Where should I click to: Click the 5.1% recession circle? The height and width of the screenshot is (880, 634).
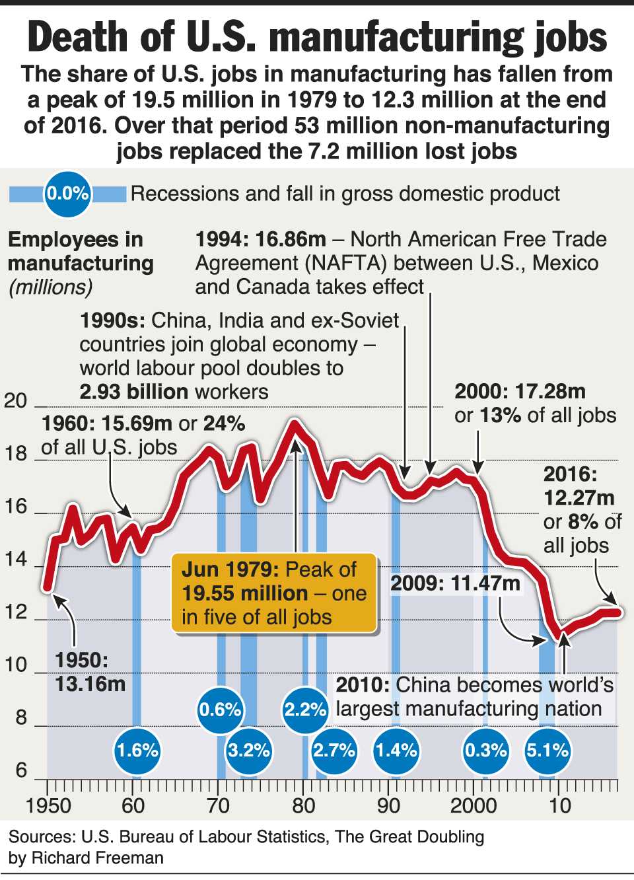[x=547, y=751]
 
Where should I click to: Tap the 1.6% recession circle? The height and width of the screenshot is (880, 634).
[x=137, y=751]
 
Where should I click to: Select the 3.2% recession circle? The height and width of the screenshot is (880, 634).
[x=249, y=751]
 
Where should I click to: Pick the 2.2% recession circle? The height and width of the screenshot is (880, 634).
[x=305, y=710]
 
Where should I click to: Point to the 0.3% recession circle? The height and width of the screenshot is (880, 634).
[x=486, y=751]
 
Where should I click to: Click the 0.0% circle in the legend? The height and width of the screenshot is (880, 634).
[x=67, y=194]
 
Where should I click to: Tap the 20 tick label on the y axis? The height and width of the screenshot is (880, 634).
[x=16, y=400]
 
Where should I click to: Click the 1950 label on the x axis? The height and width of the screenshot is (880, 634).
[x=48, y=806]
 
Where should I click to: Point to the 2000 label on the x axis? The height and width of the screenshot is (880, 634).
[x=474, y=806]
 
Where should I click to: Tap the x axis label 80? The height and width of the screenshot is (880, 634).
[x=304, y=806]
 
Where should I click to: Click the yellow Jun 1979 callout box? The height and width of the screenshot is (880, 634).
[x=274, y=593]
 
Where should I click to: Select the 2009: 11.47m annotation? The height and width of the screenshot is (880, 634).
[x=455, y=583]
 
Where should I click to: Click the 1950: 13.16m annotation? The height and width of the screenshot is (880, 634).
[x=90, y=672]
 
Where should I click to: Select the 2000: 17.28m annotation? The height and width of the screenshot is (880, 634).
[x=520, y=392]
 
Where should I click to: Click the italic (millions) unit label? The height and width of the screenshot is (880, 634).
[x=50, y=287]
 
